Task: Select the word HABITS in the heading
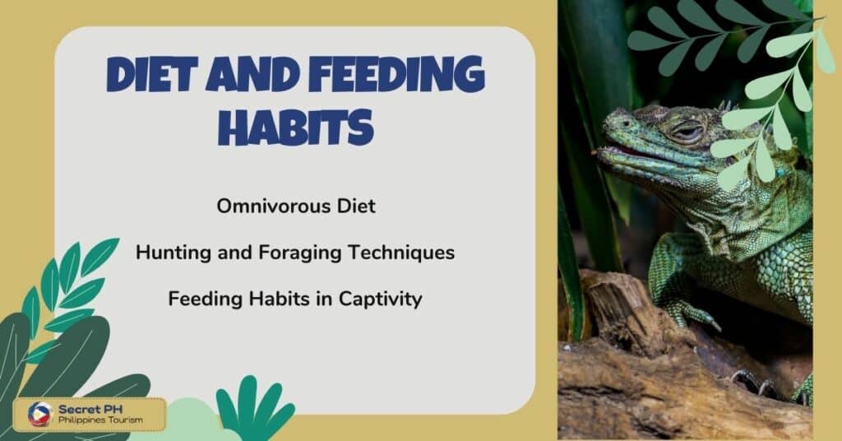pyautogui.click(x=296, y=126)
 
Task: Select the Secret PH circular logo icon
pyautogui.click(x=40, y=414)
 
